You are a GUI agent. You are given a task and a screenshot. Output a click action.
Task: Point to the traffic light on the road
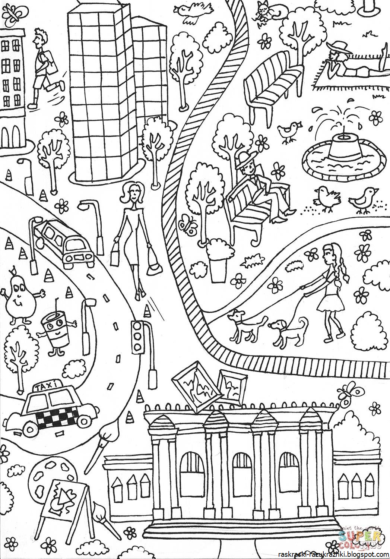click(x=138, y=337)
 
